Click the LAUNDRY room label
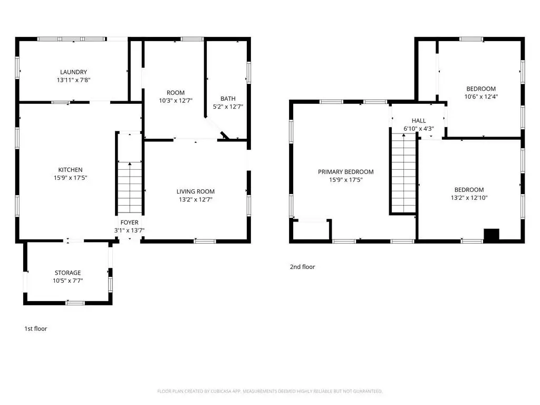(x=73, y=72)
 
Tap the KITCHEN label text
(x=70, y=170)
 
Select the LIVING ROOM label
(x=196, y=191)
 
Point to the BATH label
(x=228, y=99)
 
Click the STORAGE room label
(x=68, y=273)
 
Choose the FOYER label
(x=130, y=223)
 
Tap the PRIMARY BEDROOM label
(x=346, y=172)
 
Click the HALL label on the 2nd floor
(x=419, y=121)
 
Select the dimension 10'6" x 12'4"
(x=481, y=97)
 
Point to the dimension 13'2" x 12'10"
(x=469, y=198)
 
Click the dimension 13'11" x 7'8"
(x=73, y=80)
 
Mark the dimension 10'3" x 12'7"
(x=176, y=101)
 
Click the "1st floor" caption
(x=35, y=329)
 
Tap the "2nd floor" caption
(x=302, y=266)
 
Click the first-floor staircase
(x=130, y=187)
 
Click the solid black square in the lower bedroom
(x=491, y=235)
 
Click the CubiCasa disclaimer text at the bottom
(x=269, y=391)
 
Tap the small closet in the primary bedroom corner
(x=312, y=230)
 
